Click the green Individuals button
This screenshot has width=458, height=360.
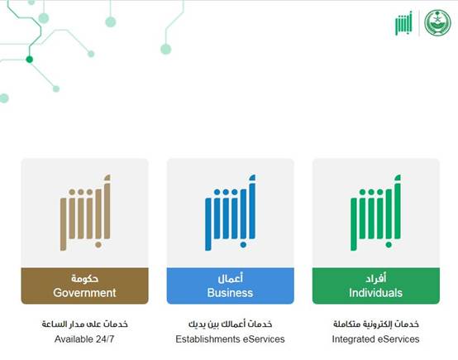376,286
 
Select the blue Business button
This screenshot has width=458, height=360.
230,286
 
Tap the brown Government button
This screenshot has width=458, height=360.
84,286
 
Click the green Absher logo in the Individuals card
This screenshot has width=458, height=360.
375,213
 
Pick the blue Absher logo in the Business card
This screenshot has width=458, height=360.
230,213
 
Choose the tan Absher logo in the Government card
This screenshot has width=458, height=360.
85,213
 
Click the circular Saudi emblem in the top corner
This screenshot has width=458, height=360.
437,22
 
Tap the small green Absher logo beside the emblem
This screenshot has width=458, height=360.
403,23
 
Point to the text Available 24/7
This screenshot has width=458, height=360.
84,339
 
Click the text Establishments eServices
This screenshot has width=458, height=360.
230,339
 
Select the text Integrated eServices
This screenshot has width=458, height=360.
375,339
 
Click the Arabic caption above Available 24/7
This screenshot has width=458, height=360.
84,324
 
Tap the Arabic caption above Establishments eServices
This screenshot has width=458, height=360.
230,324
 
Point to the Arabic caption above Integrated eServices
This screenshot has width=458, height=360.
376,324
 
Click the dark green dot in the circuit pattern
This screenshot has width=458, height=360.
29,60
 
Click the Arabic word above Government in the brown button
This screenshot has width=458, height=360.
84,278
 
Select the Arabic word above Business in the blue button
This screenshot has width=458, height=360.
230,278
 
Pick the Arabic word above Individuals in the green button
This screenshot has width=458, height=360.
376,278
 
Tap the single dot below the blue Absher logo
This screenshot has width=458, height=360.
243,245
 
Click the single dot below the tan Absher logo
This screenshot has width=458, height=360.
98,245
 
